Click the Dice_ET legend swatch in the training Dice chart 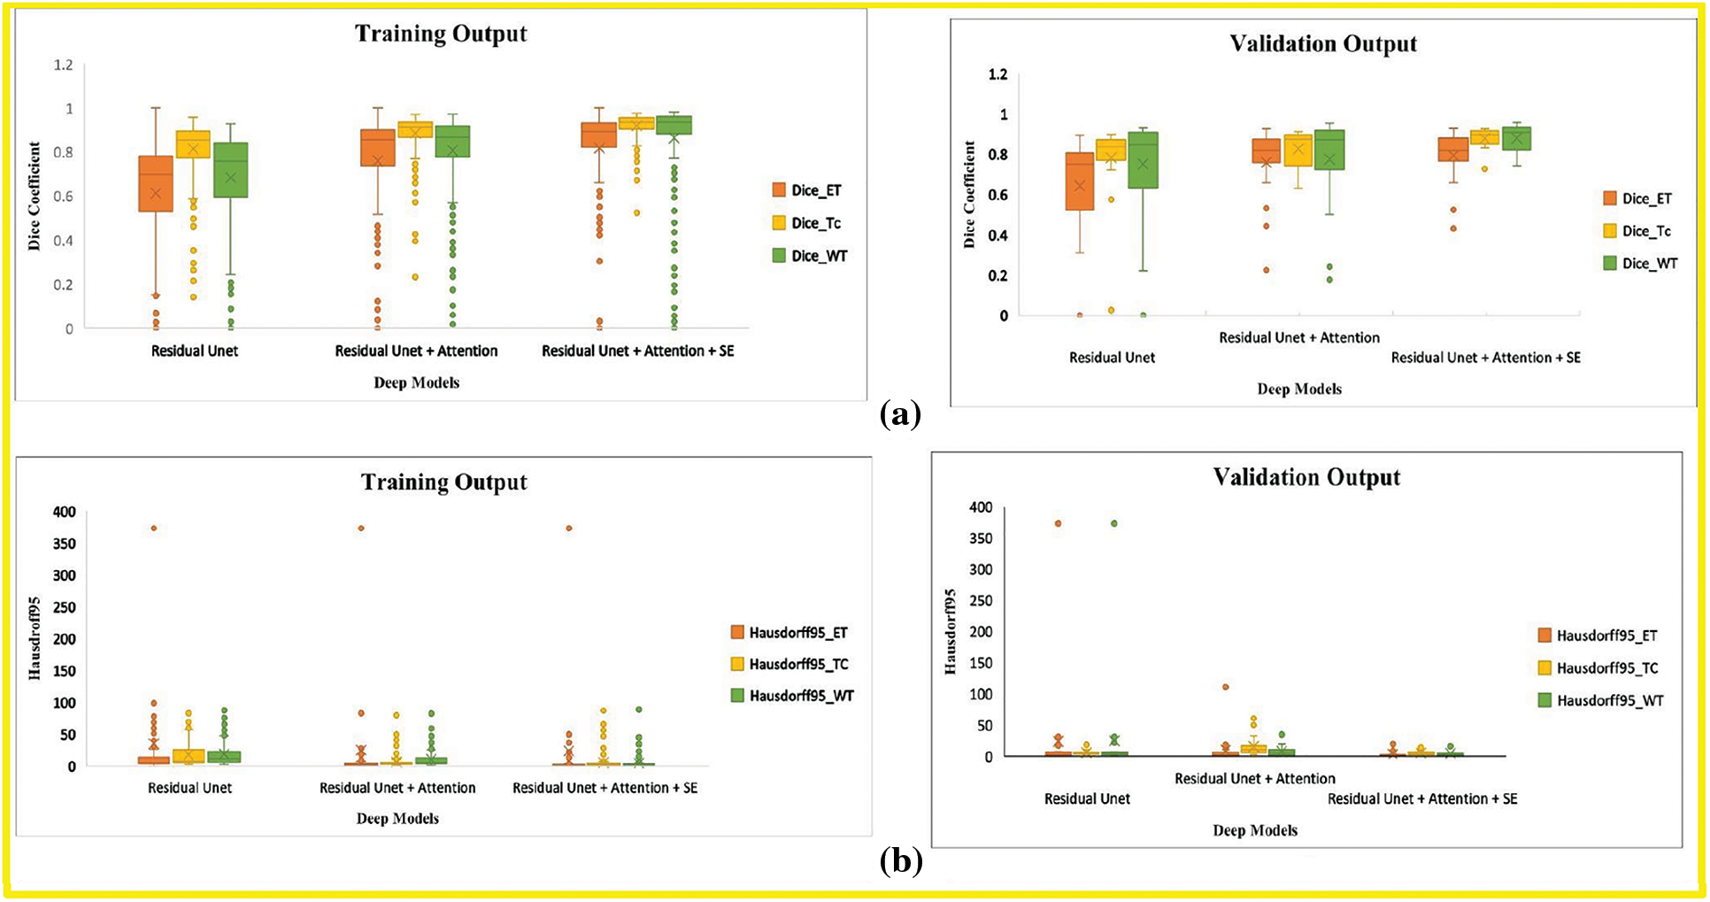point(779,190)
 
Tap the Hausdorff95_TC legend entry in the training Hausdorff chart point(798,664)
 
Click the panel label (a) point(901,414)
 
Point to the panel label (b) point(901,861)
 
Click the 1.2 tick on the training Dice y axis point(63,65)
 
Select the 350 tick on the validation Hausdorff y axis point(981,538)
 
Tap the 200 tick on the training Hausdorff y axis point(65,639)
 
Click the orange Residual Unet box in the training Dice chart point(156,183)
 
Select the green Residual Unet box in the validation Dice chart point(1143,160)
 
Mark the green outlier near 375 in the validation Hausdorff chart point(1114,523)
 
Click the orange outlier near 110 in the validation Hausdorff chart point(1226,687)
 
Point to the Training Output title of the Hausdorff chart point(443,482)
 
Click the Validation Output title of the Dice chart point(1323,44)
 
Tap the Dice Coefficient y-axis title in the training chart point(35,197)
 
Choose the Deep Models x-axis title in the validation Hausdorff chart point(1255,830)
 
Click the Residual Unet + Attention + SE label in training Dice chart point(637,351)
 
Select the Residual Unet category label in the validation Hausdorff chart point(1087,798)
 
